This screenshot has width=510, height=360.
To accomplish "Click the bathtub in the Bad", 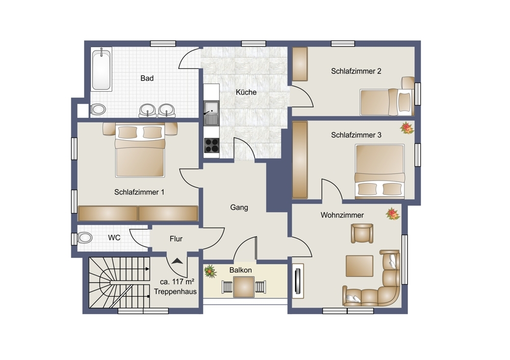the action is [101, 69].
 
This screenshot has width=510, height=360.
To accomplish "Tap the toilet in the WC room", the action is [85, 238].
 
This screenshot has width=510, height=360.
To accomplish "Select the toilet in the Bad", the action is [98, 109].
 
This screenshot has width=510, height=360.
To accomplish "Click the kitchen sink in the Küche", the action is [211, 113].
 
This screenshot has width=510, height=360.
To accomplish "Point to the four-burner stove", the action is [212, 145].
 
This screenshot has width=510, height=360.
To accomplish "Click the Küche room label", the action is [246, 92].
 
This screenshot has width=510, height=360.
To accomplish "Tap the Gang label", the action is [239, 208].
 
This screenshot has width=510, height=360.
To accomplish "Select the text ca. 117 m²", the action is [177, 281].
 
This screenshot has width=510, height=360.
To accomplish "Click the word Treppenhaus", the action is [175, 292].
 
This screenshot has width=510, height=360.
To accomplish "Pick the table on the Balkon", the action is [244, 287].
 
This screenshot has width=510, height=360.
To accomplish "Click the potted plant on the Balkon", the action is [211, 271].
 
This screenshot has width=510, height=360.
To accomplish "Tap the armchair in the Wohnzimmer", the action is [362, 233].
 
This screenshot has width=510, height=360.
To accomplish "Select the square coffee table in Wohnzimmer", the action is [360, 266].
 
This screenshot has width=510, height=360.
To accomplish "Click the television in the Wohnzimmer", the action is [298, 280].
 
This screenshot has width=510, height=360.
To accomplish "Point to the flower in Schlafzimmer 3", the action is [406, 128].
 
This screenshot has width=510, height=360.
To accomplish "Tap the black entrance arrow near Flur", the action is [177, 261].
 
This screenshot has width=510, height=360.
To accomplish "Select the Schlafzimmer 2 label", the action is [356, 71].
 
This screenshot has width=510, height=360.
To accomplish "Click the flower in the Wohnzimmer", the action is [393, 214].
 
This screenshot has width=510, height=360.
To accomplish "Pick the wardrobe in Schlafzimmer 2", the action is [300, 64].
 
